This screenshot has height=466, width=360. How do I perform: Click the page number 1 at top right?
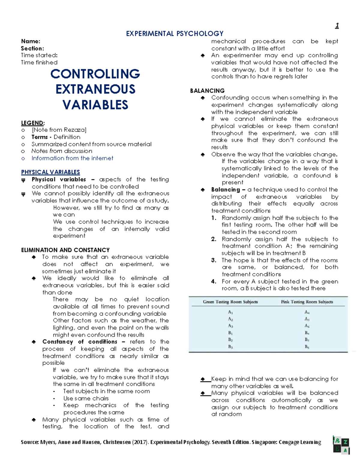(x=337, y=26)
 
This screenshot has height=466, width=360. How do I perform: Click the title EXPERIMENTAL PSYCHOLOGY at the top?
(x=175, y=34)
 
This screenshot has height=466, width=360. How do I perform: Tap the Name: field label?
(x=30, y=41)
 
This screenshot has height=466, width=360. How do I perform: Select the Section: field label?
(x=32, y=48)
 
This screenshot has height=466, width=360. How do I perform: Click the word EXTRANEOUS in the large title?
(x=95, y=89)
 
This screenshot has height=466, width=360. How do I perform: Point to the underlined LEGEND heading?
(x=32, y=123)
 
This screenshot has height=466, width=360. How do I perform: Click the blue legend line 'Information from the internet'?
(x=72, y=158)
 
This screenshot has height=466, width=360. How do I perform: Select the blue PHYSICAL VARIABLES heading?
(x=50, y=172)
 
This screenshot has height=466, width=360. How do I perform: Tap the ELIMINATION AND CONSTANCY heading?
(x=65, y=250)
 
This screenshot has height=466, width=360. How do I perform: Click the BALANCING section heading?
(x=207, y=91)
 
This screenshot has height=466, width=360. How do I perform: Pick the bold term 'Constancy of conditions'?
(x=80, y=342)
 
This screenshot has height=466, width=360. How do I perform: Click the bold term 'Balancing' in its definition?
(x=225, y=190)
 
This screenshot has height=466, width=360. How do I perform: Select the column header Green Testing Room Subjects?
(x=230, y=302)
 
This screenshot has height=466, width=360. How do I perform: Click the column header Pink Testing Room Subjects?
(x=307, y=302)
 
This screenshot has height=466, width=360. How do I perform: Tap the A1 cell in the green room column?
(x=230, y=312)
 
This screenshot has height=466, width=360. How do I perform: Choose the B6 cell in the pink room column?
(x=307, y=347)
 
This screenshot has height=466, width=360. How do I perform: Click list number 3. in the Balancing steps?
(x=214, y=260)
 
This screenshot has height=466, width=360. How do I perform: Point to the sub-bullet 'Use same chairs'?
(x=86, y=398)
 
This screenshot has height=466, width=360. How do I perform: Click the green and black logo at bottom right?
(x=341, y=445)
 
